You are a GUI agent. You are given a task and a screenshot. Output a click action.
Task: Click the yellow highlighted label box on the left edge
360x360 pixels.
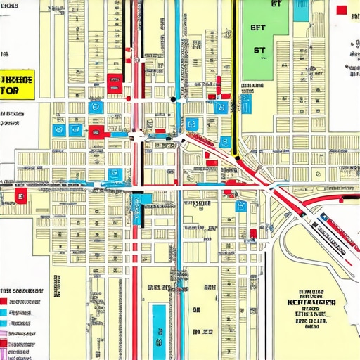[17, 85]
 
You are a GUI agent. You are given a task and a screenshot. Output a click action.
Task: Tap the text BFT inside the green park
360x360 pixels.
[259, 29]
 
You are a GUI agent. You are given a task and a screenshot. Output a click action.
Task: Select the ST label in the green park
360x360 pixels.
[259, 51]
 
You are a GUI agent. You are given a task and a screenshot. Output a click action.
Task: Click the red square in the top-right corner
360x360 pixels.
[342, 10]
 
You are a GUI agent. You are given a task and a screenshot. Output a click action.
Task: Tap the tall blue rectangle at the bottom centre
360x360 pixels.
[159, 323]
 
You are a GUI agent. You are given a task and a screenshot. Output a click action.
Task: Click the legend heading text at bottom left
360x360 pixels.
[22, 290]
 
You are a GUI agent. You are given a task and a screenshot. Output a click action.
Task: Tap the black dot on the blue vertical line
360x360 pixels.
[173, 99]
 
